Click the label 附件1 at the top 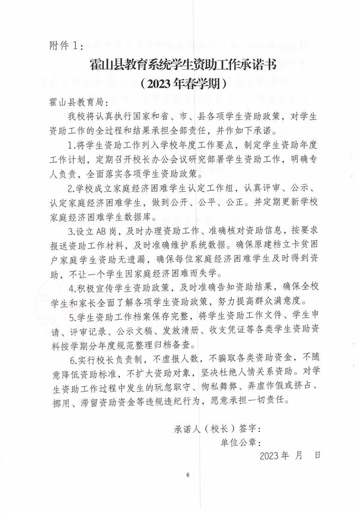tap(65, 45)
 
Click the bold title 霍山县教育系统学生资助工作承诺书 tap(183, 65)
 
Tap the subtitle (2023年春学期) tap(183, 84)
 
